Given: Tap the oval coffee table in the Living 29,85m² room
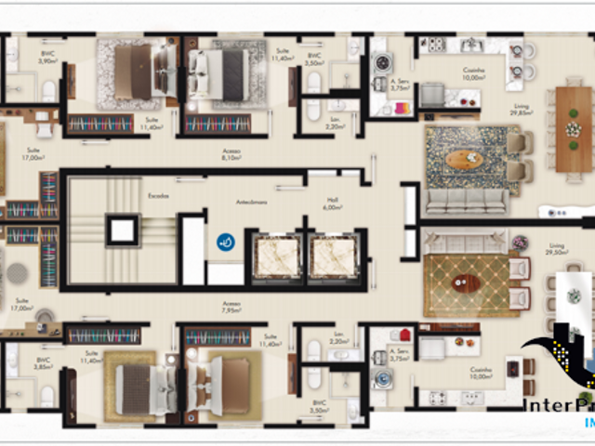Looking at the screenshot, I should (x=465, y=159).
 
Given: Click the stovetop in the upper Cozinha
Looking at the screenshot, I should (x=433, y=43).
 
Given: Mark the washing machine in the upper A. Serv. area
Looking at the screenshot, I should (x=382, y=62).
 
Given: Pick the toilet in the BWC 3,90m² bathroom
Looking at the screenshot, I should (x=48, y=90).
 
